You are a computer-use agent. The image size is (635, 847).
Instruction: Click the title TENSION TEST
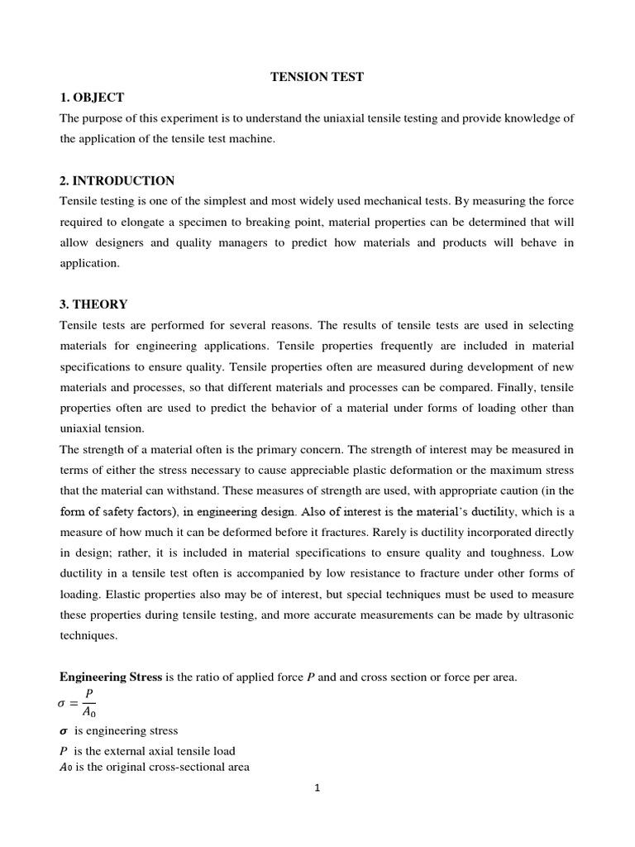[x=317, y=77]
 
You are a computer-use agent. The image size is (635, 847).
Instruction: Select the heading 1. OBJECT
[x=92, y=98]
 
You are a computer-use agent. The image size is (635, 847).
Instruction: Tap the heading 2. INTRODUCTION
[x=117, y=180]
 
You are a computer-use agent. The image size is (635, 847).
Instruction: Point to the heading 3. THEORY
[x=93, y=304]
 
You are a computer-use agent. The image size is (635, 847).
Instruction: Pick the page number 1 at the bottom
[x=317, y=787]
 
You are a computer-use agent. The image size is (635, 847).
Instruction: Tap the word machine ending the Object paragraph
[x=252, y=139]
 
